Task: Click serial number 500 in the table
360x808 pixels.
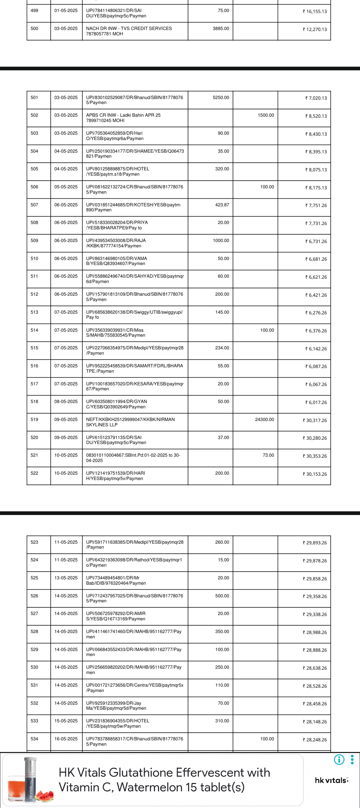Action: coord(34,29)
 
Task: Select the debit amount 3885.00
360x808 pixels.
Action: coord(221,29)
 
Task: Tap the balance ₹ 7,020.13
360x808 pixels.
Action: coord(316,98)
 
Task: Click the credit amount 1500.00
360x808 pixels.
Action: coord(266,115)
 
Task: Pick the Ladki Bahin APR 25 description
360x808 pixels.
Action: coord(123,118)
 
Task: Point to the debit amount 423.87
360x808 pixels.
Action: coord(222,205)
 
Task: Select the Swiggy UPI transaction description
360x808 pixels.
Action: coord(134,315)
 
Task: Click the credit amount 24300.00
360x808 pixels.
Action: coord(264,420)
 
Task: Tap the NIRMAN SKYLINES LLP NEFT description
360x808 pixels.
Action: coord(130,422)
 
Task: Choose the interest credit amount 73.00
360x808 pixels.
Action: coord(268,455)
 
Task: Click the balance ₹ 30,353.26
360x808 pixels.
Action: coord(315,456)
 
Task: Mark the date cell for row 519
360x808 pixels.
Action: coord(66,420)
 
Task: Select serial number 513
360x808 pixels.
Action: coord(34,312)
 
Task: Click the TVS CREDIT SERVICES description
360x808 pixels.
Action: coord(129,31)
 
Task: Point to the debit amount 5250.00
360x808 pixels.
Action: coord(221,98)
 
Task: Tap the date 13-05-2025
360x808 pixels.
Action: coord(66,578)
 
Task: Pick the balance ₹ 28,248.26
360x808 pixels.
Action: coord(315,740)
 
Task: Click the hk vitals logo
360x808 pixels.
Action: coord(331,780)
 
